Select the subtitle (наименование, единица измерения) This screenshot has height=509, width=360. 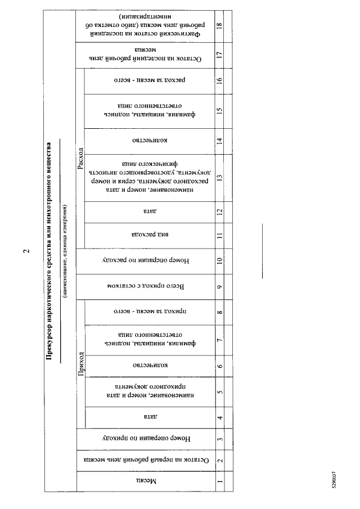[x=65, y=250]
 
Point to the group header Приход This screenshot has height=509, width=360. [x=80, y=364]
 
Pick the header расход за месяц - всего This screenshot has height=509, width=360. [x=147, y=79]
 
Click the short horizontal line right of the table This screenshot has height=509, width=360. [x=262, y=251]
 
